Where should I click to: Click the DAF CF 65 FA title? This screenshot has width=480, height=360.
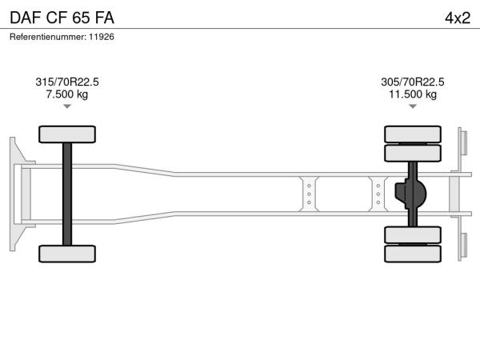pyautogui.click(x=62, y=18)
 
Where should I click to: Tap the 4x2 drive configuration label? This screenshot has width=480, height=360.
pyautogui.click(x=458, y=18)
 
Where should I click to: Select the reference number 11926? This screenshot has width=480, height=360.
pyautogui.click(x=102, y=37)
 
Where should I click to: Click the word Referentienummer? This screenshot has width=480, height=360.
pyautogui.click(x=48, y=37)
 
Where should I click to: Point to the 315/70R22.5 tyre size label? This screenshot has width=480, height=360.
pyautogui.click(x=67, y=82)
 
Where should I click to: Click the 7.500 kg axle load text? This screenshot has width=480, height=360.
pyautogui.click(x=67, y=94)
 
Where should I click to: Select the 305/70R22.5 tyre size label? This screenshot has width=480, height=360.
pyautogui.click(x=413, y=82)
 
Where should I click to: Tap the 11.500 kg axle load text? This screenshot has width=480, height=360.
pyautogui.click(x=413, y=94)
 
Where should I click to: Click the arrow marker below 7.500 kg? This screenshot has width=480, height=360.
pyautogui.click(x=67, y=106)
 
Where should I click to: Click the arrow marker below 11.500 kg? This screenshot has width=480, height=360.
pyautogui.click(x=413, y=106)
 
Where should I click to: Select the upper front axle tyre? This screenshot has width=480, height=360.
pyautogui.click(x=67, y=134)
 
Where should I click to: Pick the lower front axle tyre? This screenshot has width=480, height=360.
pyautogui.click(x=67, y=254)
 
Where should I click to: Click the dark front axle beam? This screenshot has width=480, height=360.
pyautogui.click(x=67, y=194)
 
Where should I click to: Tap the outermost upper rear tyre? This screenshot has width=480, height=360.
pyautogui.click(x=413, y=134)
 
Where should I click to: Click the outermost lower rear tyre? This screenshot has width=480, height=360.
pyautogui.click(x=413, y=254)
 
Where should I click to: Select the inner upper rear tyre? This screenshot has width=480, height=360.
pyautogui.click(x=413, y=153)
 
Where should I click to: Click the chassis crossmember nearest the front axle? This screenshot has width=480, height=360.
pyautogui.click(x=309, y=194)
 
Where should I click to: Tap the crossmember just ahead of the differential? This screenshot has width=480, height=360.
pyautogui.click(x=378, y=194)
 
